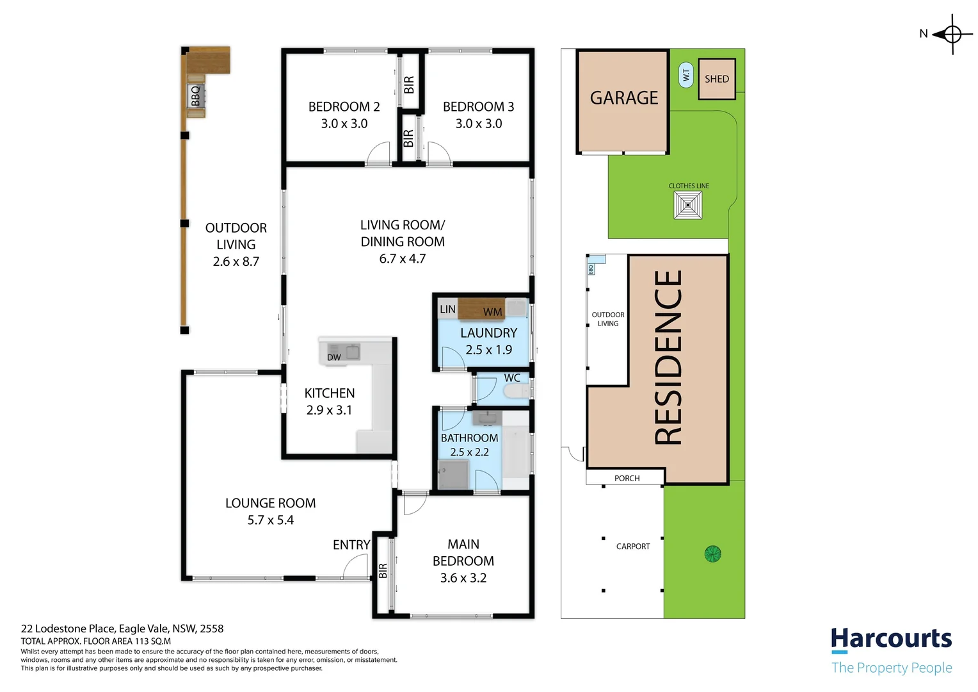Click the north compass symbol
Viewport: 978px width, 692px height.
[952, 34]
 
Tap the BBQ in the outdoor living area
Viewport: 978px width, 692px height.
[196, 96]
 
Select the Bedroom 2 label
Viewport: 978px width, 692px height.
[344, 106]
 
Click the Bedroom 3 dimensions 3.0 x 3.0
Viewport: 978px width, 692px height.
[478, 124]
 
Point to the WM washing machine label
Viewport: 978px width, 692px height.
[492, 312]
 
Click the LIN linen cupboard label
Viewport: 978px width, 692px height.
[447, 309]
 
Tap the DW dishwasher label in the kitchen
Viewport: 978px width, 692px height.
[334, 357]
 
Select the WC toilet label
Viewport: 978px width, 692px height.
[512, 378]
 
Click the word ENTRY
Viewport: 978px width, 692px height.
[351, 545]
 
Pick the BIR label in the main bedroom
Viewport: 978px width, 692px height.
[383, 570]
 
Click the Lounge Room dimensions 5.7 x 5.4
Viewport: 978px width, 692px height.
[270, 520]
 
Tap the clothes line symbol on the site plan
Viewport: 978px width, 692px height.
[688, 205]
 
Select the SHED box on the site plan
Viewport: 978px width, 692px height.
[716, 79]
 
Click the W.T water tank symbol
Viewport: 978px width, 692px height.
[685, 76]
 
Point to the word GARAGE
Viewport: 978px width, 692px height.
[623, 98]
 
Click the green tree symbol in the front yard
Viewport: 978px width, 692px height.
[712, 554]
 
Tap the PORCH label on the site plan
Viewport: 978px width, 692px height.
[627, 478]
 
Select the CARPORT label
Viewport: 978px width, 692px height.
[632, 547]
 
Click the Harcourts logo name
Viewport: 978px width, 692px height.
[891, 639]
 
